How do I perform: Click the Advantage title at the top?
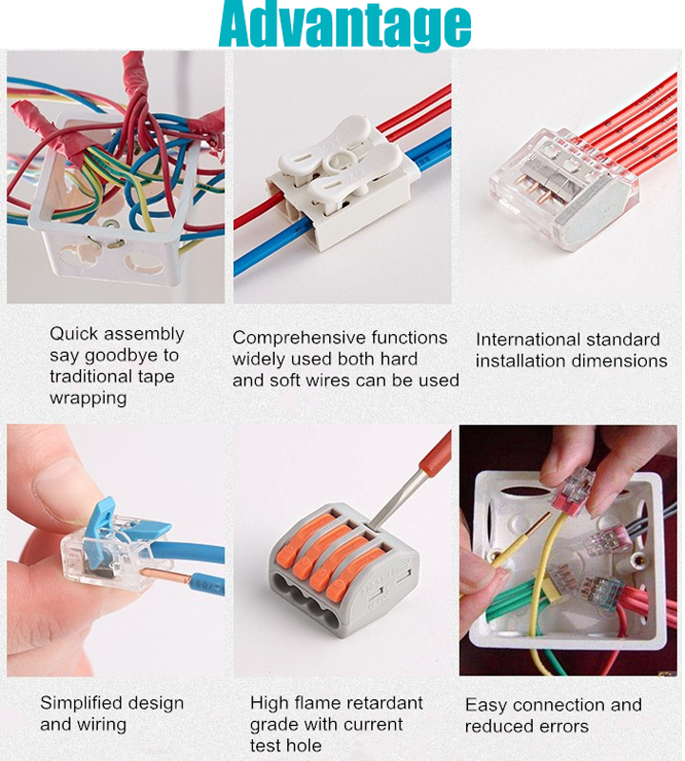(x=344, y=26)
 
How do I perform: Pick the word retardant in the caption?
(x=379, y=703)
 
